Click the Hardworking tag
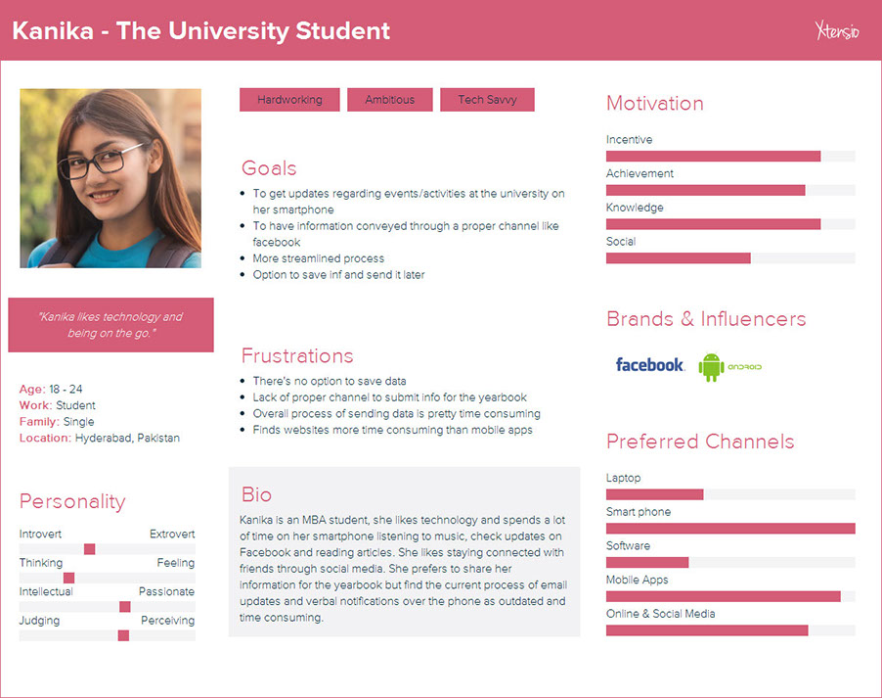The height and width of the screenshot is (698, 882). pyautogui.click(x=289, y=100)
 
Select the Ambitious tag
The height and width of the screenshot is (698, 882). pyautogui.click(x=389, y=100)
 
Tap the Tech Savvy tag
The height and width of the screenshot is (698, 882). pyautogui.click(x=487, y=100)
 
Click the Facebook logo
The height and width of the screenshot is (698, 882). pyautogui.click(x=649, y=365)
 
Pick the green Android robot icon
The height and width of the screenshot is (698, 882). pyautogui.click(x=711, y=367)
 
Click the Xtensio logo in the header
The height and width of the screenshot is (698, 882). pyautogui.click(x=837, y=31)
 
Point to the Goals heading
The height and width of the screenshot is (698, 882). pyautogui.click(x=269, y=167)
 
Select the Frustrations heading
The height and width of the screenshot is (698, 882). pyautogui.click(x=297, y=355)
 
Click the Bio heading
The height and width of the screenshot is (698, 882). pyautogui.click(x=256, y=494)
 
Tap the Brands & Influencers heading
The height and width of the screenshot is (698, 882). pyautogui.click(x=706, y=319)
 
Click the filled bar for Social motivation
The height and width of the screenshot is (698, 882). pyautogui.click(x=678, y=258)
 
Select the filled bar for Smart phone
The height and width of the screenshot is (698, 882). pyautogui.click(x=730, y=529)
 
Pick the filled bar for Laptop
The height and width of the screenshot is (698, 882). pyautogui.click(x=654, y=494)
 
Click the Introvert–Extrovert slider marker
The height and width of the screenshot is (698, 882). pyautogui.click(x=90, y=549)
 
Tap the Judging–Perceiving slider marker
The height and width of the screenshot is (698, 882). pyautogui.click(x=123, y=635)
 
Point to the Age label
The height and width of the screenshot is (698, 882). pyautogui.click(x=31, y=389)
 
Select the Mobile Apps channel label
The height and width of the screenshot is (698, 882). pyautogui.click(x=637, y=580)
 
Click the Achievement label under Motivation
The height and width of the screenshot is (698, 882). pyautogui.click(x=639, y=173)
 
